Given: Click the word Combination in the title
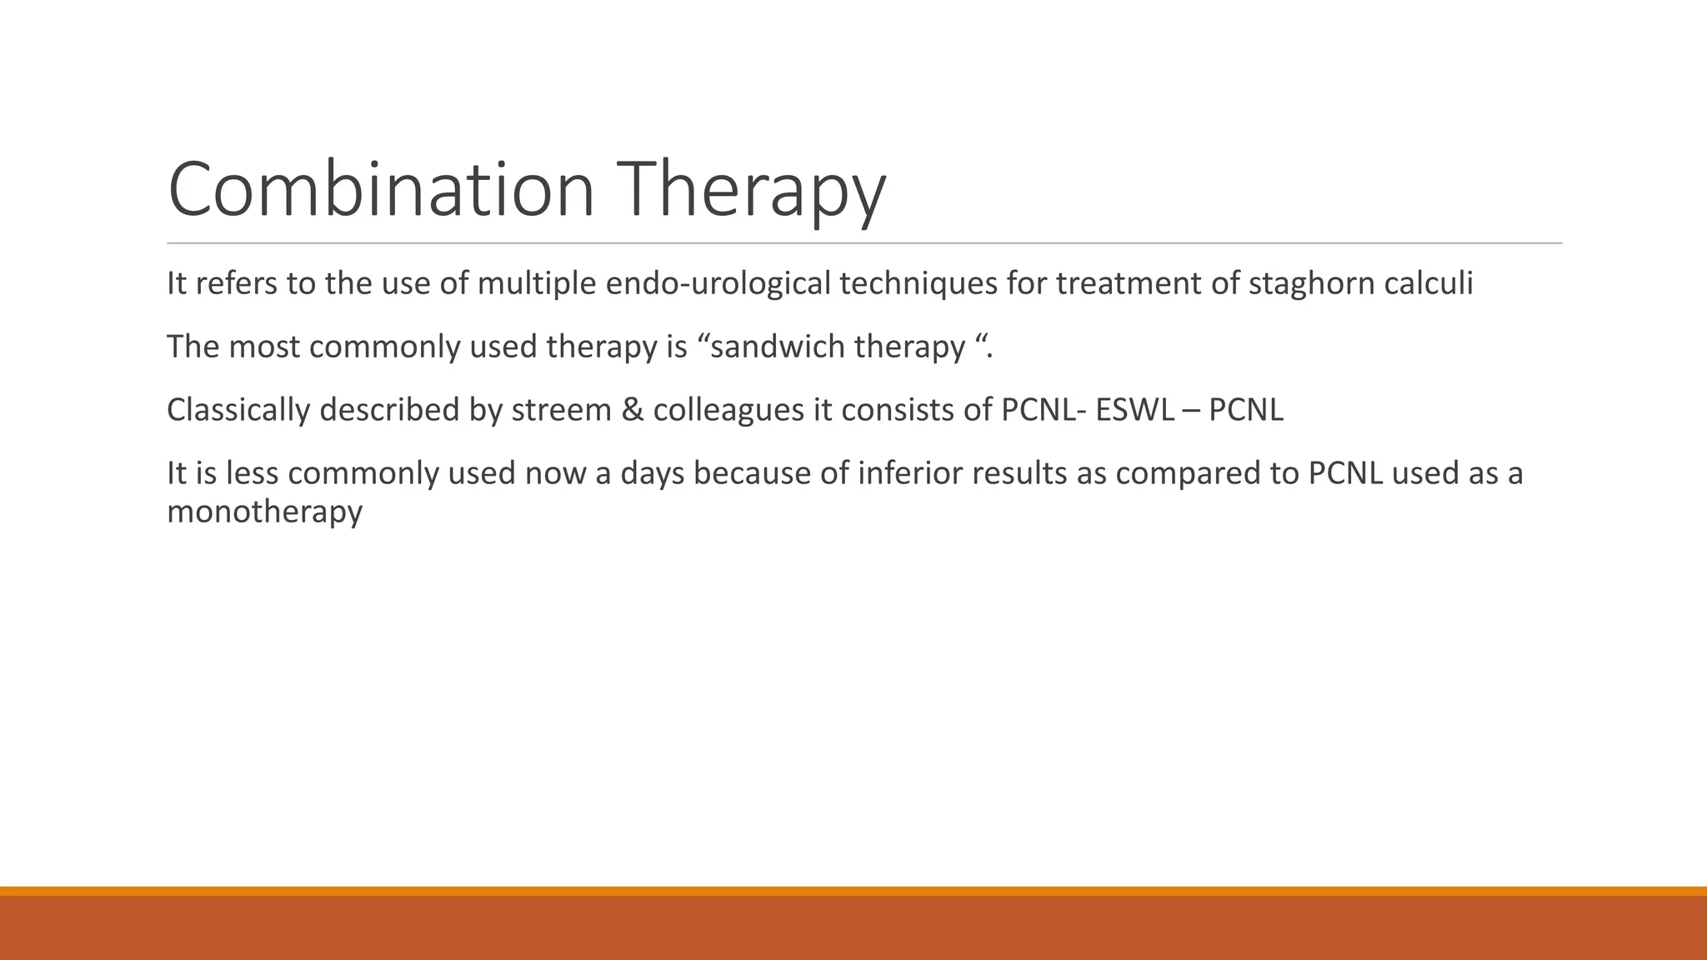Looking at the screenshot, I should point(381,190).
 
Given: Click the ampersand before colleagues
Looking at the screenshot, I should point(633,410).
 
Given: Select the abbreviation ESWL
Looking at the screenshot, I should point(1134,410).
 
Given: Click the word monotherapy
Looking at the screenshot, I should point(264,512).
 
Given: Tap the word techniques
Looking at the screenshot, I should point(918,284).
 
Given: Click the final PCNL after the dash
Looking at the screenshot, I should point(1245,410).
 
